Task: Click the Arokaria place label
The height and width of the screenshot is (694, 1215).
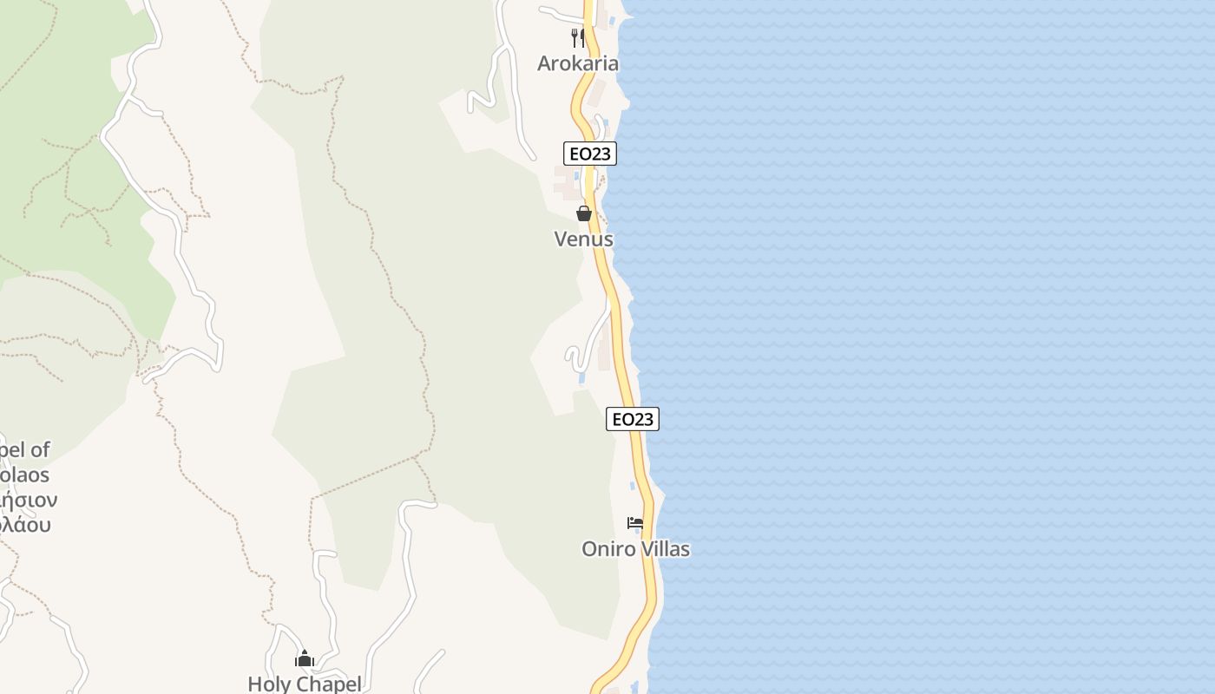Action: [578, 63]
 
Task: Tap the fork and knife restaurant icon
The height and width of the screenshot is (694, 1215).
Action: [577, 37]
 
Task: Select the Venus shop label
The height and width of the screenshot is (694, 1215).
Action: [584, 239]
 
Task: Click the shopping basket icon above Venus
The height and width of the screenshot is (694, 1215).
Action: [584, 213]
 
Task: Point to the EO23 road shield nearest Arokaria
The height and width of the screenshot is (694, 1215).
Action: [589, 154]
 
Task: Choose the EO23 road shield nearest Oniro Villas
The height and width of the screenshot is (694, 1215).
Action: [632, 419]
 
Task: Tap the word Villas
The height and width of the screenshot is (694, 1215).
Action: [664, 549]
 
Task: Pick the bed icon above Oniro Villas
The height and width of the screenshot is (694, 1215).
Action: [635, 523]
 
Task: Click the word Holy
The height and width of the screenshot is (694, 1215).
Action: [267, 684]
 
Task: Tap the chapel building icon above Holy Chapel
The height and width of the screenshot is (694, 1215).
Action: [304, 659]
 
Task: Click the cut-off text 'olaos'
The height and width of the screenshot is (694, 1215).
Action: [24, 475]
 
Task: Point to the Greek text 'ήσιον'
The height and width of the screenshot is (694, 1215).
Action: [28, 501]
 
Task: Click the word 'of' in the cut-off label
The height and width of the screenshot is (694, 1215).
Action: [40, 450]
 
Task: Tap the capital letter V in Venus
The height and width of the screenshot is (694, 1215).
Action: [561, 239]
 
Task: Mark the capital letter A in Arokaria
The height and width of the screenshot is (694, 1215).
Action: [544, 63]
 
